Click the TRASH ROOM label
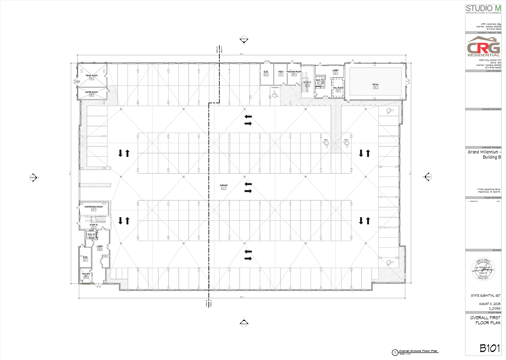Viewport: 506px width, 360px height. point(91,76)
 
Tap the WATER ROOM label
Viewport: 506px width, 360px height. point(91,92)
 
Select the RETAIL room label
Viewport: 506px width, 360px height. point(375,85)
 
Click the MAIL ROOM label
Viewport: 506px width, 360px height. point(338,88)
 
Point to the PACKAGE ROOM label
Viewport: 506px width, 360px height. point(294,72)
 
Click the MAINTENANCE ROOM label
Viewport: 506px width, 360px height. point(94,207)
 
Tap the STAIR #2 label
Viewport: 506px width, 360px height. point(94,225)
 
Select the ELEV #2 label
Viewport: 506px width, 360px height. point(91,234)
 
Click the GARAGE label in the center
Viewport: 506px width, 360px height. point(224,186)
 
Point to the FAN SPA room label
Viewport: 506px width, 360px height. point(86,274)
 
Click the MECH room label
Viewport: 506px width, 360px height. point(281,72)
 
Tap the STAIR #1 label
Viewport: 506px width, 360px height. point(307,82)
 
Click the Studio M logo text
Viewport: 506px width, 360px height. point(483,9)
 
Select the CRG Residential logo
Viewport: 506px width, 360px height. point(484,47)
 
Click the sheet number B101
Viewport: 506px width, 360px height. point(490,348)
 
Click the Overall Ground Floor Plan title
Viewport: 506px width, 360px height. point(418,351)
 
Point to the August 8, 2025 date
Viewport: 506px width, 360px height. point(490,304)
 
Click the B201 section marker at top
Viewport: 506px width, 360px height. point(244,40)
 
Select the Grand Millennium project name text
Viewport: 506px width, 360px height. point(484,154)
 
